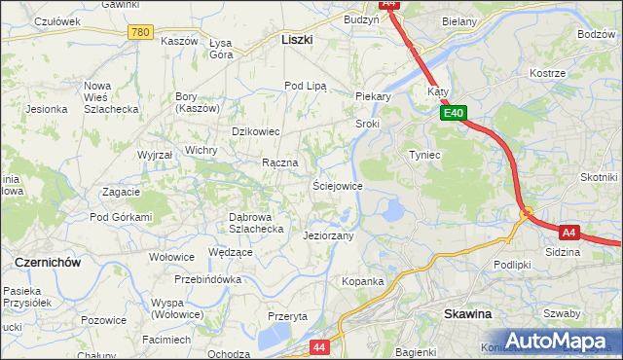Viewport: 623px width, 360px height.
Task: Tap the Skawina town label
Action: tap(467, 314)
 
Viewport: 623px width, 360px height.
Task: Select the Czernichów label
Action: tap(47, 263)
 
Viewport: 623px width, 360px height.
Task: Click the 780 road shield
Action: tap(140, 32)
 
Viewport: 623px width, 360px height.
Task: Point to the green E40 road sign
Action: tap(454, 114)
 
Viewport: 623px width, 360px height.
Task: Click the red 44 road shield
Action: tap(320, 345)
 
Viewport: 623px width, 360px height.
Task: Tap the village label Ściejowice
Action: tap(337, 185)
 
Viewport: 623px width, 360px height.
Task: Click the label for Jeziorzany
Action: tap(328, 235)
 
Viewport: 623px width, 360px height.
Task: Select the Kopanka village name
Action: tap(362, 281)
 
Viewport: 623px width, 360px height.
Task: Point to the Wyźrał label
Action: tap(155, 155)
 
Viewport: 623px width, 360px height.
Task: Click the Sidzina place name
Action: tap(563, 252)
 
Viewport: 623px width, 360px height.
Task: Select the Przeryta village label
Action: tap(287, 316)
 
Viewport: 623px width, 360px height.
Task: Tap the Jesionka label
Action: tap(46, 109)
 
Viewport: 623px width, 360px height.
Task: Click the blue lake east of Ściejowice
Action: tap(393, 209)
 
